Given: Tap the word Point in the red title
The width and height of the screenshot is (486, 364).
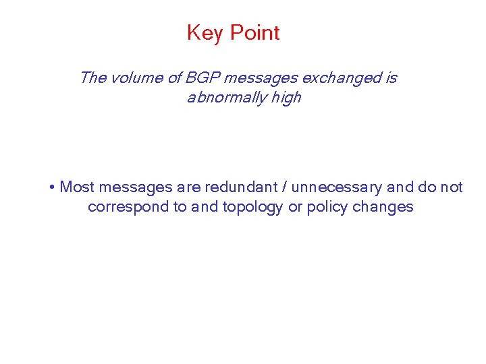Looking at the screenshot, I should (254, 33).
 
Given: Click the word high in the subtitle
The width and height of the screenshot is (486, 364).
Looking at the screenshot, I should (286, 98).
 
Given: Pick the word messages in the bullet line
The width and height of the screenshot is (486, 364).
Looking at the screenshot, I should (136, 187).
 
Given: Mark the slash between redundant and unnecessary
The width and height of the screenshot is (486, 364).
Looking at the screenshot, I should (286, 187).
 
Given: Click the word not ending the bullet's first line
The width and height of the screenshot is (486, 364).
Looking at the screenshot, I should (451, 187).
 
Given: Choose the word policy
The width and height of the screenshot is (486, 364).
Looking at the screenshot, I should (327, 207).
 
